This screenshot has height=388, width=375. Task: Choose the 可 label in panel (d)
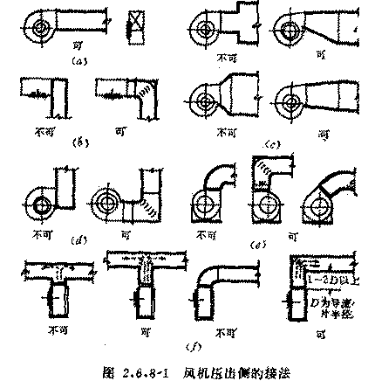126,235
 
